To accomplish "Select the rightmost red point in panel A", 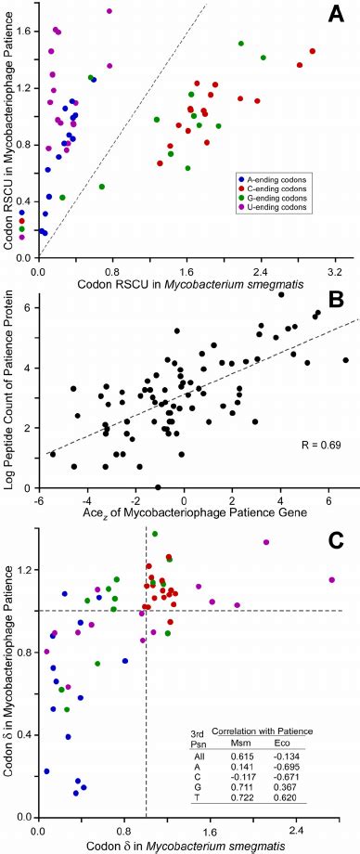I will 313,51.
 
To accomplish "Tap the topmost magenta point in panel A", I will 109,11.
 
